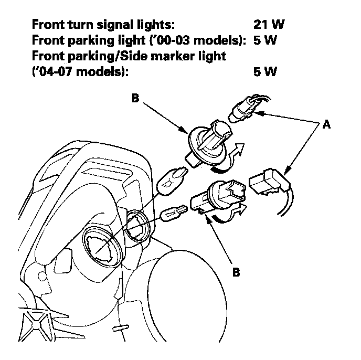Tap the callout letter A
326,125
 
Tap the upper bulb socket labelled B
207,141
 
